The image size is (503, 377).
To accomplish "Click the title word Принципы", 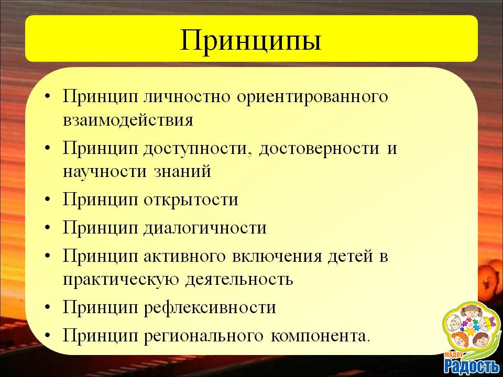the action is [x=250, y=41].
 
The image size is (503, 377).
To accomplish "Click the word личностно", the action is [x=187, y=96].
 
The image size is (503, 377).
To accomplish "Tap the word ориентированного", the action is [x=312, y=97].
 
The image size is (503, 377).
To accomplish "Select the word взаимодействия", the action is [x=128, y=120].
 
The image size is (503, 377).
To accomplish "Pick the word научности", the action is [x=105, y=172].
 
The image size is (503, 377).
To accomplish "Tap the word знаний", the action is [x=182, y=172].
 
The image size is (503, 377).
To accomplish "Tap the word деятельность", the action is [x=239, y=280].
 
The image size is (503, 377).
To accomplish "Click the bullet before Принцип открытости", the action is [x=48, y=199].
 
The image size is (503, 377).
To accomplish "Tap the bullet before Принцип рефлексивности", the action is [x=48, y=307].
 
